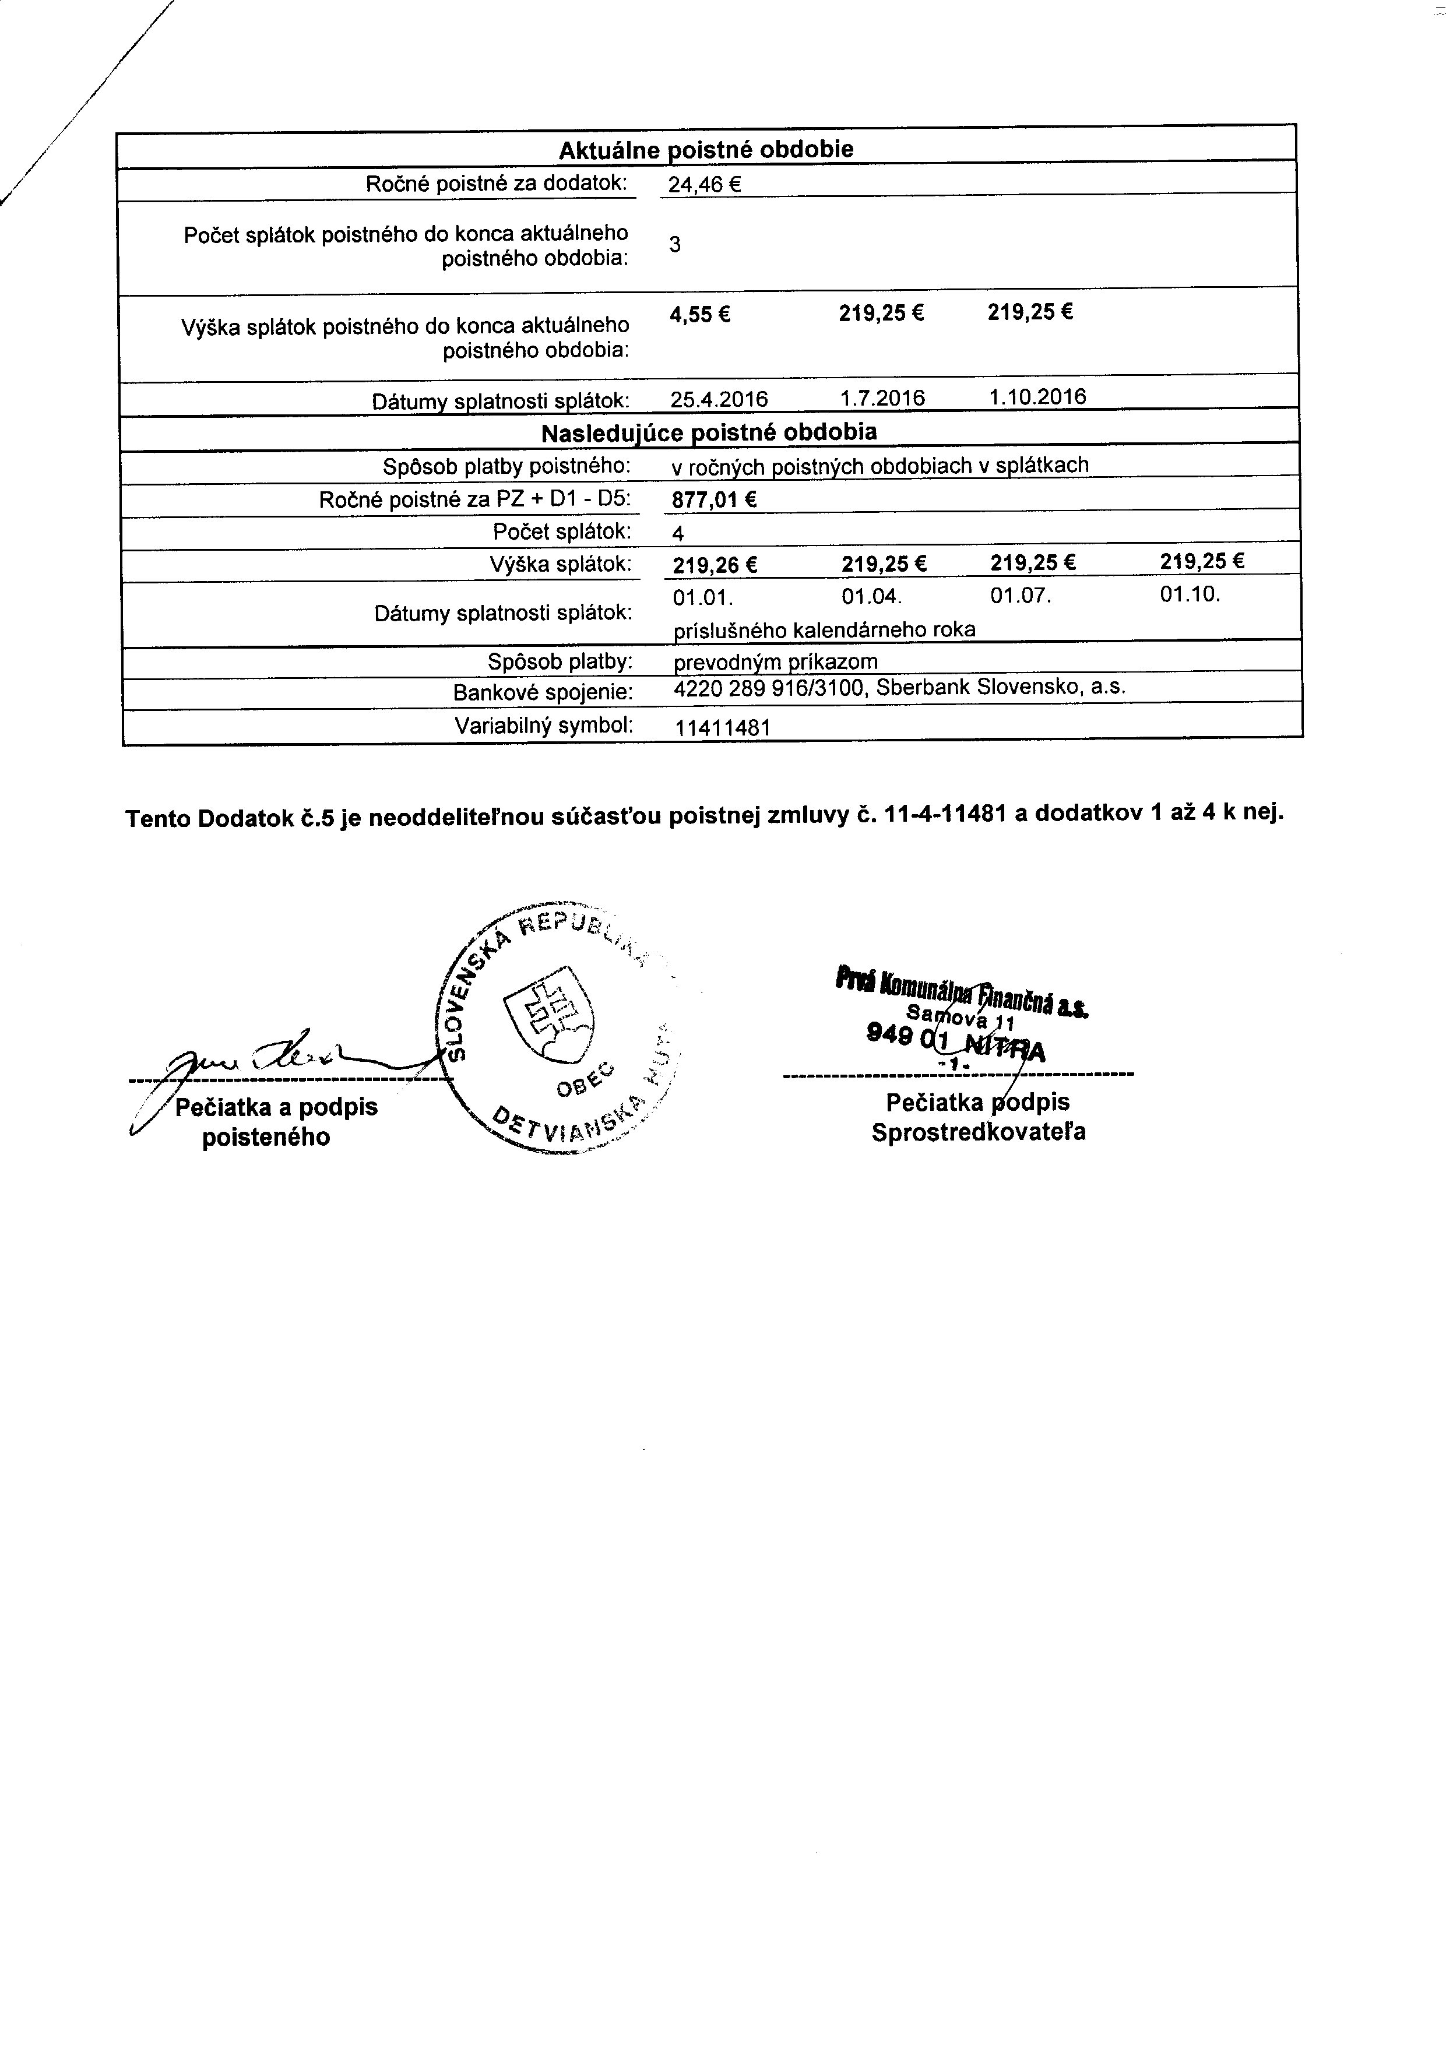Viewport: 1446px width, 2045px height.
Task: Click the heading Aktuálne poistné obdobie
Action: click(706, 150)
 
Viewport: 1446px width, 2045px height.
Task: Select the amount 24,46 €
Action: click(705, 185)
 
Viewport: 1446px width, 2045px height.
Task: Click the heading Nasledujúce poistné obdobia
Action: click(709, 433)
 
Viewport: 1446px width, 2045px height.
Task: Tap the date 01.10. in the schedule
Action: click(1190, 594)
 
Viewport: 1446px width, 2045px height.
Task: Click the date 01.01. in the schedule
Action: click(703, 597)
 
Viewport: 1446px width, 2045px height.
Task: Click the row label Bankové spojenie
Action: click(543, 692)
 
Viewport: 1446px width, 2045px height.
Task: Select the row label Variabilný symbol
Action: click(543, 725)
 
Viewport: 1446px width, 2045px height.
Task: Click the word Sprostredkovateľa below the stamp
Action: click(978, 1132)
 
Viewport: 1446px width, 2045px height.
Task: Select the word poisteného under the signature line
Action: click(266, 1138)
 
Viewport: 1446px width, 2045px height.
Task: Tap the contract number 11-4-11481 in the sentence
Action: click(946, 814)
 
